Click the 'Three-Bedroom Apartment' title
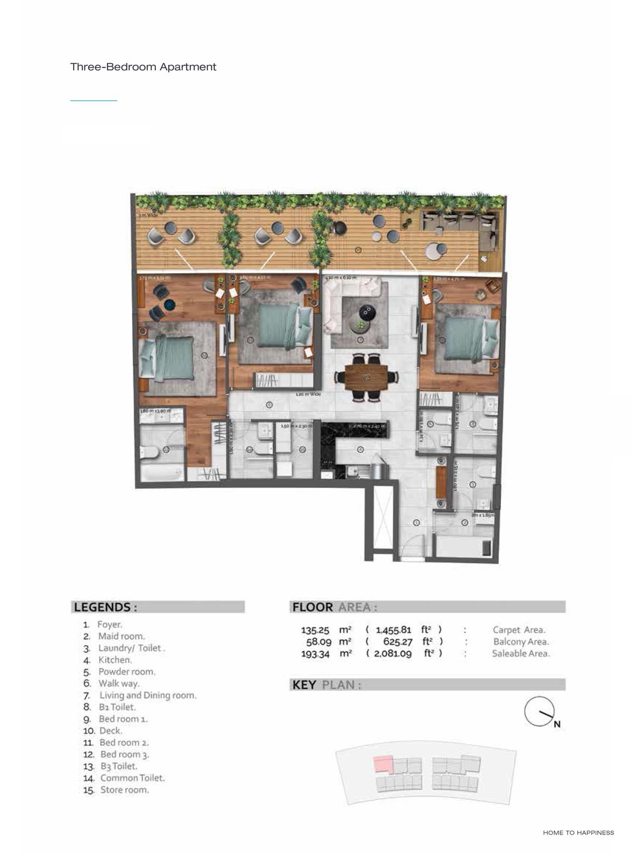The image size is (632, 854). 143,67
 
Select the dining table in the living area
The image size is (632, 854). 366,377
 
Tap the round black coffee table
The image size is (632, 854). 366,312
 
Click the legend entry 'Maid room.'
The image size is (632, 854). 121,636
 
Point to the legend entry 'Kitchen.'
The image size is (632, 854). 115,660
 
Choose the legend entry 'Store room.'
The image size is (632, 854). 124,790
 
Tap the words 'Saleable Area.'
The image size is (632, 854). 520,653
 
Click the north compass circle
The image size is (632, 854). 539,711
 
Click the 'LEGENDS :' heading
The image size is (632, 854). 105,607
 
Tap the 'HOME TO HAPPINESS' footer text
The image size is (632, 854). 578,832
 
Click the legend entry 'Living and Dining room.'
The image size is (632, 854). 147,695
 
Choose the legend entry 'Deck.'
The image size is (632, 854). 110,731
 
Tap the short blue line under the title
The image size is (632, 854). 94,100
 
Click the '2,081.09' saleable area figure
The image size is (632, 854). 393,653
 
